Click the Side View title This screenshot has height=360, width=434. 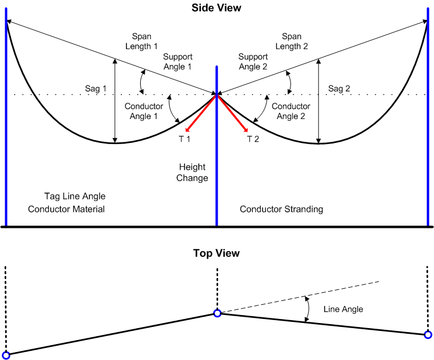click(216, 8)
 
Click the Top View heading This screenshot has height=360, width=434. click(216, 253)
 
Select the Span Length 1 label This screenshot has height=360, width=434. click(141, 41)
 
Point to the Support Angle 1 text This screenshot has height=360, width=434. click(177, 62)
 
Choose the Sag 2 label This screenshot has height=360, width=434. click(341, 89)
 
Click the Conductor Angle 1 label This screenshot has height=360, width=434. click(144, 111)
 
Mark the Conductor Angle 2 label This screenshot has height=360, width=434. click(290, 111)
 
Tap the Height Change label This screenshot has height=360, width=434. click(193, 173)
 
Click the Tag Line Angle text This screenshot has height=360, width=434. click(75, 197)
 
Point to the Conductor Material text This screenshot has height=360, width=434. click(66, 209)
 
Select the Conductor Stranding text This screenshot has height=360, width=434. click(281, 209)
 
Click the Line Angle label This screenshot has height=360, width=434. click(343, 309)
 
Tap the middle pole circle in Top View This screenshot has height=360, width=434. click(217, 313)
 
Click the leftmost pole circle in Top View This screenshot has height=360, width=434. click(6, 355)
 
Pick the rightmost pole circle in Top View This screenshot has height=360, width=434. click(428, 334)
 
